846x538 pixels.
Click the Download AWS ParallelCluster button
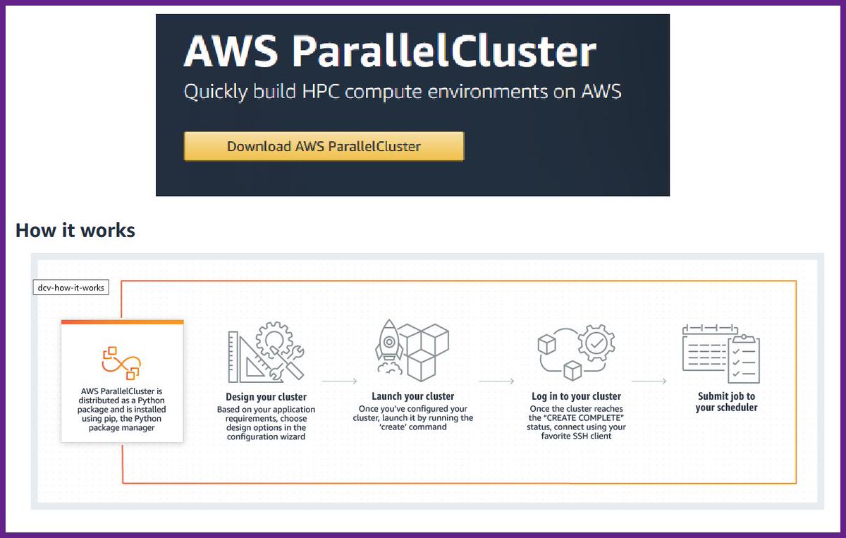pyautogui.click(x=324, y=147)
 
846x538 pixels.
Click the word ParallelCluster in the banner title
pyautogui.click(x=443, y=51)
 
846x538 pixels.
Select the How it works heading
pyautogui.click(x=75, y=230)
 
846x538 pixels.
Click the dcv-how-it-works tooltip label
pyautogui.click(x=71, y=288)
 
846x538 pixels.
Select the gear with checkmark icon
pyautogui.click(x=596, y=344)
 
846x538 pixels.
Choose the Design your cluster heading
pyautogui.click(x=266, y=397)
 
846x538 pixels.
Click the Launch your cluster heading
pyautogui.click(x=413, y=396)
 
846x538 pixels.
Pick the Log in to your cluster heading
pyautogui.click(x=576, y=396)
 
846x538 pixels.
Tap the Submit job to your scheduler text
pyautogui.click(x=726, y=402)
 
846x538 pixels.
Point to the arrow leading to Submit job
pyautogui.click(x=649, y=381)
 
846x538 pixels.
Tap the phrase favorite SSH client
pyautogui.click(x=576, y=436)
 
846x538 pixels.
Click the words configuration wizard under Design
pyautogui.click(x=266, y=437)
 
